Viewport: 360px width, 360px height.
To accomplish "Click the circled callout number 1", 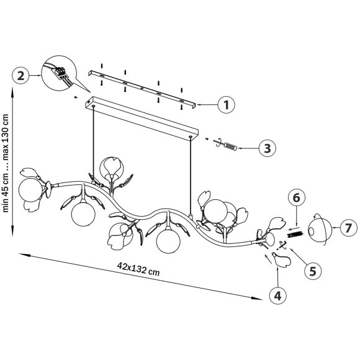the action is pos(226,105).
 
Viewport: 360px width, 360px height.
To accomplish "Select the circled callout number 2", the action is pos(20,75).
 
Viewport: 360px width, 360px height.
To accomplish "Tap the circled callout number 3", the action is pos(268,148).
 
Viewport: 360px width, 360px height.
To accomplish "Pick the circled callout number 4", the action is pos(278,295).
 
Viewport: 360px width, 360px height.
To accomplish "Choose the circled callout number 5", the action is pos(313,271).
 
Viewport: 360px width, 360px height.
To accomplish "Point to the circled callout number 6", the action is pos(297,197).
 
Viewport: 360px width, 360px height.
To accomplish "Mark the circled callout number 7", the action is pos(349,228).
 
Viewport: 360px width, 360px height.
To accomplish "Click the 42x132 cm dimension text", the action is pos(138,269).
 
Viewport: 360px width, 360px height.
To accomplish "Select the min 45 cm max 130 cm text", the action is pos(6,163).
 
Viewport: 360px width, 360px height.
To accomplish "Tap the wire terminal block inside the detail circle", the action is pos(60,73).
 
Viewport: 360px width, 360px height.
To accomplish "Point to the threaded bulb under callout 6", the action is pos(295,235).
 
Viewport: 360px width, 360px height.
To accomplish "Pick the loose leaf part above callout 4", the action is pos(281,259).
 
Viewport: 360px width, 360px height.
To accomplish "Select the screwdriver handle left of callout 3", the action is pos(230,146).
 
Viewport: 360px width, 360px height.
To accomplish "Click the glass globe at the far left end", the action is pos(30,190).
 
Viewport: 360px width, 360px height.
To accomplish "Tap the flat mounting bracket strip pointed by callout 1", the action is pos(142,89).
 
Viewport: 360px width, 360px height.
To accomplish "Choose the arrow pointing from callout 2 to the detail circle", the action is pos(35,75).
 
